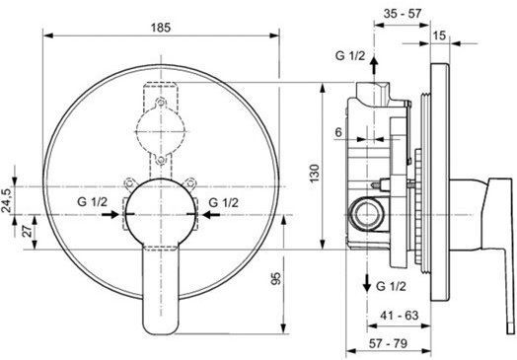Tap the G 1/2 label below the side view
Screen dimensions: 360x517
392,287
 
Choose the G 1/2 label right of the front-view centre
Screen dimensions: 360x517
224,204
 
